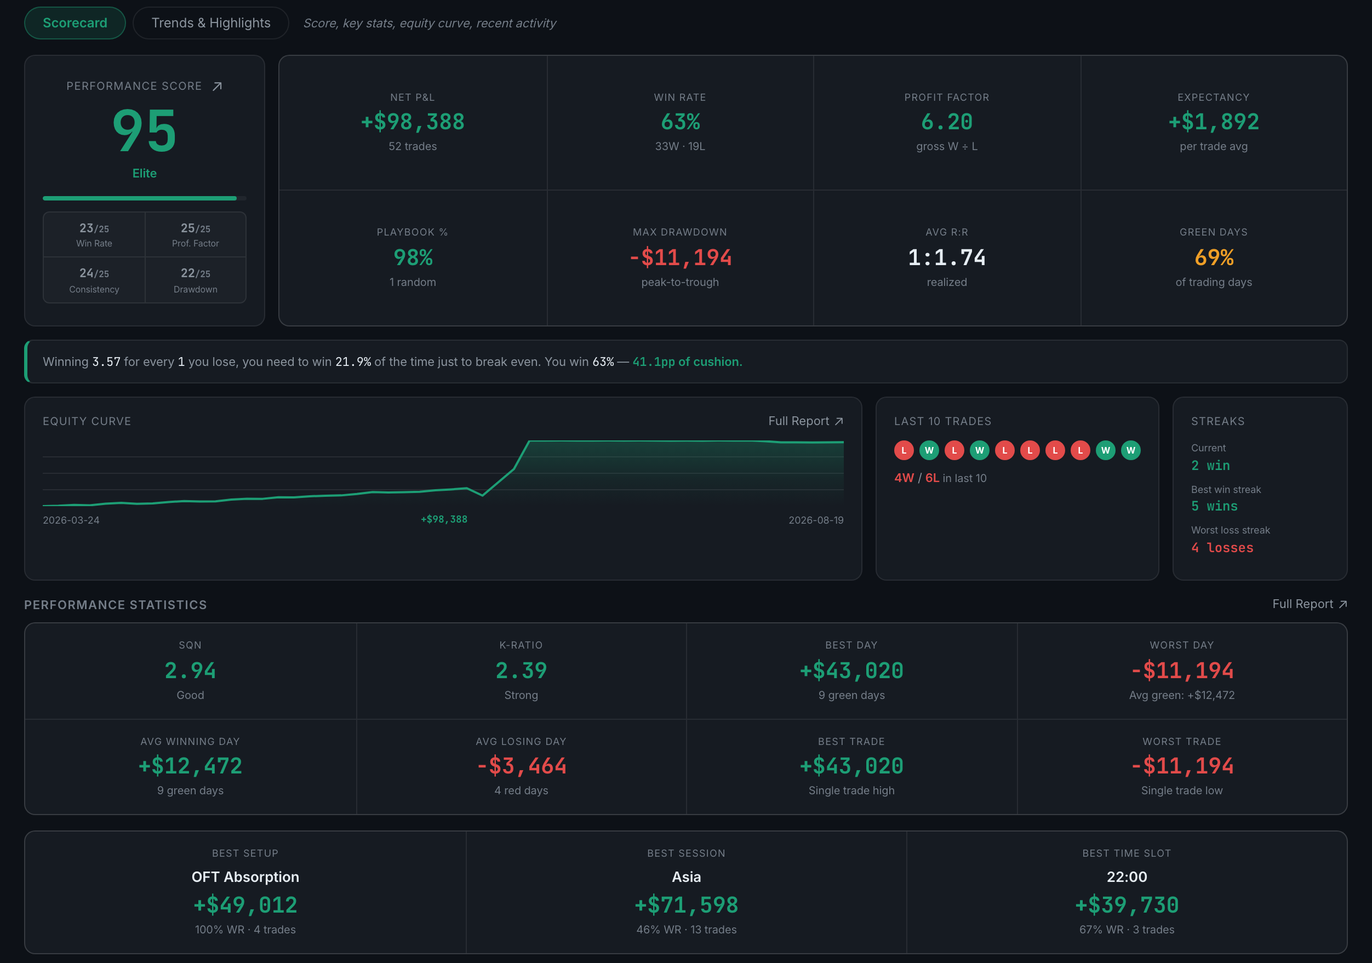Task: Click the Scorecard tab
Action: click(75, 22)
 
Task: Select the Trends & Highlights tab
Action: click(211, 22)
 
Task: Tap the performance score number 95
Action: click(145, 130)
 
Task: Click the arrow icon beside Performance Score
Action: click(218, 86)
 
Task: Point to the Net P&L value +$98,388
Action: click(413, 122)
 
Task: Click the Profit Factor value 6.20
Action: click(946, 122)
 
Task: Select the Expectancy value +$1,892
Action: click(1214, 122)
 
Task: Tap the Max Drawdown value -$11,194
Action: click(680, 257)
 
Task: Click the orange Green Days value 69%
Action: click(1214, 257)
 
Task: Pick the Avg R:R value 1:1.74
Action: click(946, 257)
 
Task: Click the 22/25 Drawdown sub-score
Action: click(196, 280)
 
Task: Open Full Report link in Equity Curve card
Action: click(805, 421)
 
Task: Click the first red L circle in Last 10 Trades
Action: click(904, 450)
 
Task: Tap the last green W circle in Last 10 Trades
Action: click(1130, 450)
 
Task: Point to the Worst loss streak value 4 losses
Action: click(1222, 548)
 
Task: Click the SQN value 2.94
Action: click(190, 671)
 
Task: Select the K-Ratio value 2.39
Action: click(521, 671)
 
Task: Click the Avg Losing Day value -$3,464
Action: click(521, 766)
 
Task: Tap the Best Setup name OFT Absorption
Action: click(245, 877)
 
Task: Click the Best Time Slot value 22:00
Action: click(1127, 877)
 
